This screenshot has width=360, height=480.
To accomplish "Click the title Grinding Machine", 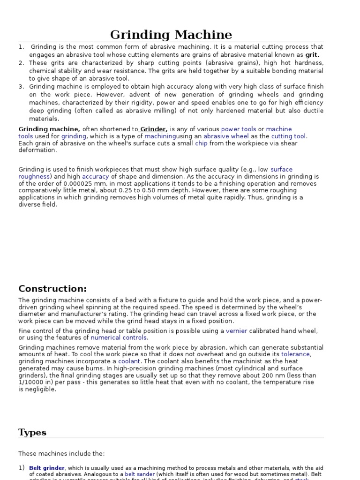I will click(x=171, y=35).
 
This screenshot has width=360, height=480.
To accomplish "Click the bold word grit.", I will click(x=312, y=55).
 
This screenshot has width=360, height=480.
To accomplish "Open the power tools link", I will click(x=239, y=129).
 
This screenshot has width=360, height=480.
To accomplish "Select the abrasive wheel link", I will click(x=226, y=136).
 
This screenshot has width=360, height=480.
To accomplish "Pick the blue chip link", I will click(x=202, y=143).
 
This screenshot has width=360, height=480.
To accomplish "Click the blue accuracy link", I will click(x=96, y=177).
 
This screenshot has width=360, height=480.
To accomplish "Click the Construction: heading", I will click(x=52, y=289).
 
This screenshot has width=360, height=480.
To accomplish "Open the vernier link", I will click(x=236, y=331).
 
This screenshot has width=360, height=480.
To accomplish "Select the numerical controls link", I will click(x=119, y=338).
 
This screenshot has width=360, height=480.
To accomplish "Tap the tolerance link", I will click(x=295, y=354).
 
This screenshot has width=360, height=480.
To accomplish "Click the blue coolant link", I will click(x=129, y=361).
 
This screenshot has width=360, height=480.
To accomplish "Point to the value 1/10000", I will click(x=33, y=382).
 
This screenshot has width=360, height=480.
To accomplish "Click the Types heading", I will click(x=32, y=432).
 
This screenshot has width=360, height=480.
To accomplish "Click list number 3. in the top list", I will click(x=22, y=87).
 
